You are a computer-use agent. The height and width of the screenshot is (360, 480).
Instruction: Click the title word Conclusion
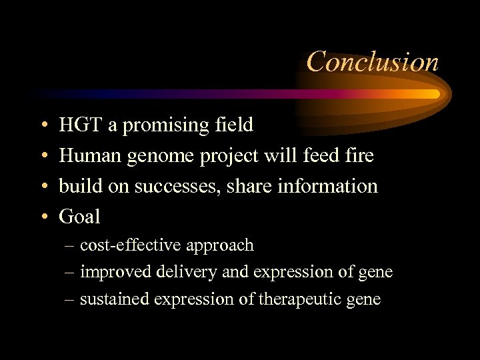(x=373, y=62)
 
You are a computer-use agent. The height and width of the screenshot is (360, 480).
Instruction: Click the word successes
(x=175, y=186)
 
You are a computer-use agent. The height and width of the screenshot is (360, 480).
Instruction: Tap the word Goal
(x=79, y=217)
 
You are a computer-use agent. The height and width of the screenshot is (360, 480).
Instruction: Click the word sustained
(x=114, y=299)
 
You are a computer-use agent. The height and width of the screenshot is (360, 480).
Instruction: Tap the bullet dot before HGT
(x=43, y=125)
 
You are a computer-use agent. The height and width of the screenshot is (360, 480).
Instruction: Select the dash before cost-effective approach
(x=70, y=246)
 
